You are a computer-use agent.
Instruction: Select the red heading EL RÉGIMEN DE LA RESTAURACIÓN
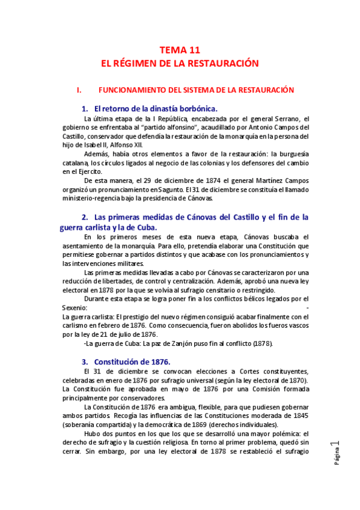point(179,63)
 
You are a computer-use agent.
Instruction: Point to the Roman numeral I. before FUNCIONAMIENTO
point(79,90)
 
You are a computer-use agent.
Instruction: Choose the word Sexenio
point(74,308)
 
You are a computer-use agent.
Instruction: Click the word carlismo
point(76,325)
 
